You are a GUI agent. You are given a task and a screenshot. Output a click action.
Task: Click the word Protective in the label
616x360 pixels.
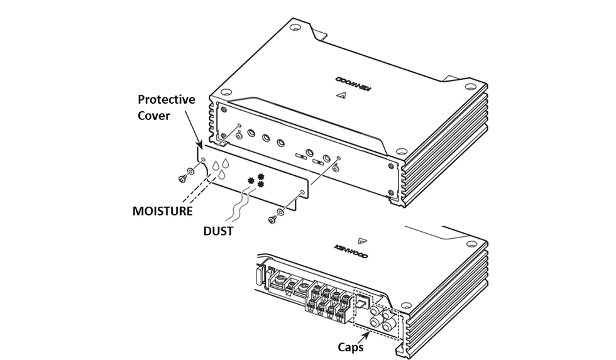point(167,101)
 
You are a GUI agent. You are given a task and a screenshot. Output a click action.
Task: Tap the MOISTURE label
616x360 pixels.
point(162,210)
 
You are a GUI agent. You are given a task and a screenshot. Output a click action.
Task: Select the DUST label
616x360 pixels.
point(218,231)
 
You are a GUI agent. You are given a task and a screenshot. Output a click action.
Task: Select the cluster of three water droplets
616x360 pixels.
point(219,167)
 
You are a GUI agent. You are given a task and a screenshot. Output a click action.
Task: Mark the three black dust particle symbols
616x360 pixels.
point(256,180)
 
